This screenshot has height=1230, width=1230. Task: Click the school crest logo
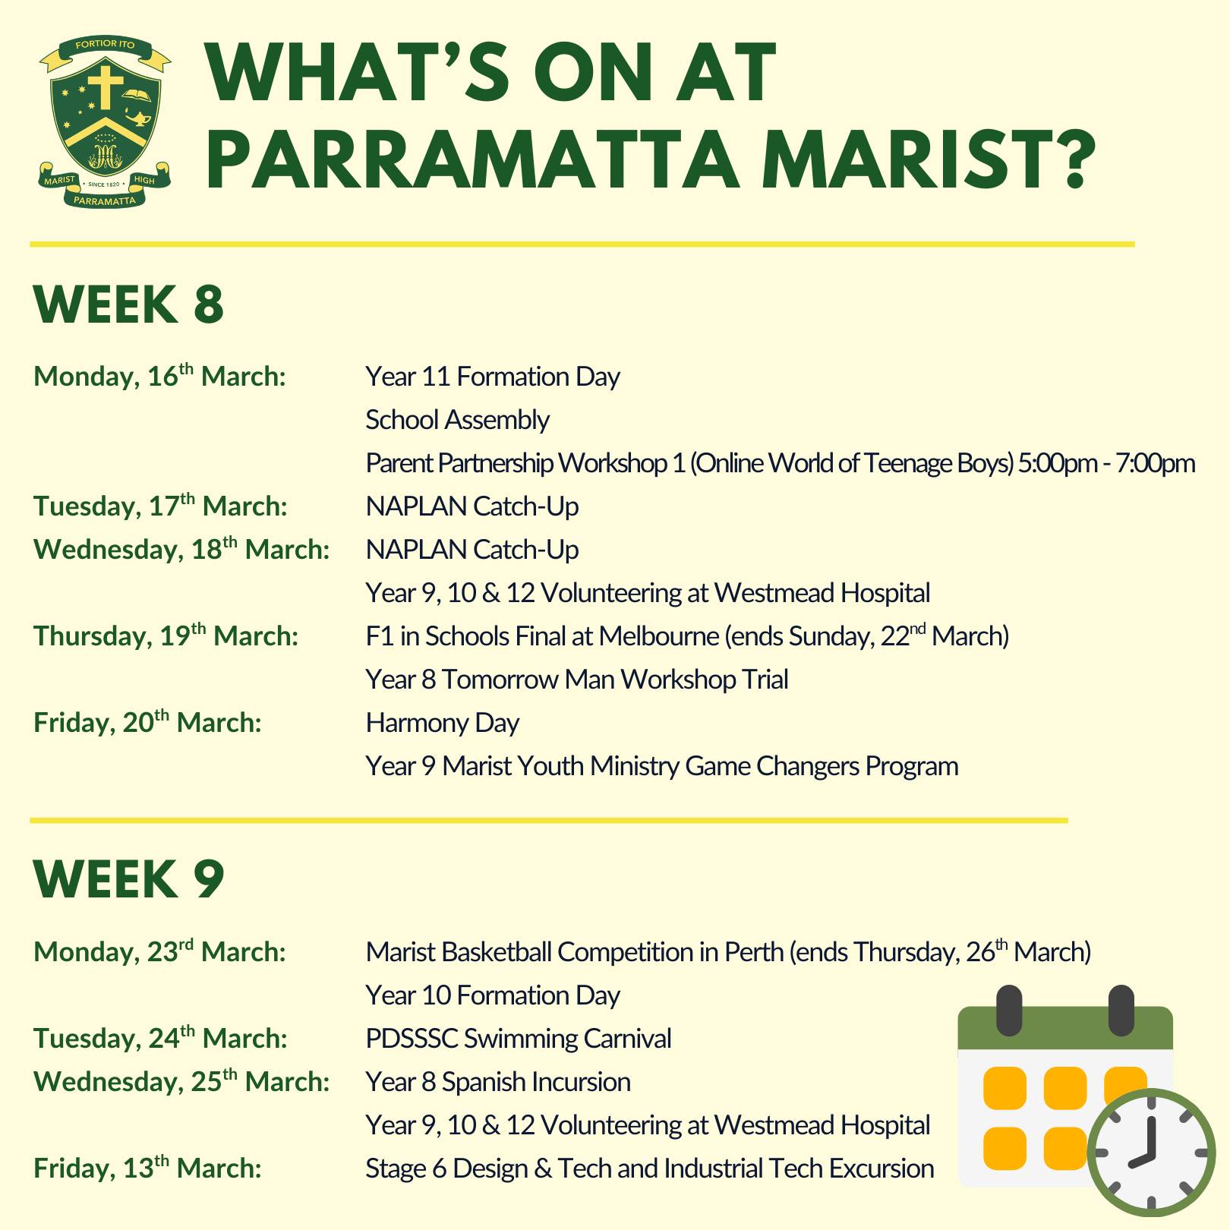105,122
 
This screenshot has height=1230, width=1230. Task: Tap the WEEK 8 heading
129,304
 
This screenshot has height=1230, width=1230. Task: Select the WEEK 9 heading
129,879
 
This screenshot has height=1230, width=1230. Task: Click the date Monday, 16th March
159,376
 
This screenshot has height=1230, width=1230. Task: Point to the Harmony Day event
442,723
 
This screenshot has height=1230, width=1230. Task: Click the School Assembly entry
457,420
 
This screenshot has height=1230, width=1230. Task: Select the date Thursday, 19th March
166,635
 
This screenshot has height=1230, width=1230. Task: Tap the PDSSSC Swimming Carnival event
519,1038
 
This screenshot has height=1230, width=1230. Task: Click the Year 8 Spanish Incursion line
498,1081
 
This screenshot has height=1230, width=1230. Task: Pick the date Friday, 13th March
147,1168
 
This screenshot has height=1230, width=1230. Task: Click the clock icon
1151,1153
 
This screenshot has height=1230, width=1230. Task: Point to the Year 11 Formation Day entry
493,377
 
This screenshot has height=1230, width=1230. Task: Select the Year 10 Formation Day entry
493,995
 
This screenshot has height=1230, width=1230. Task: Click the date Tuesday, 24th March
160,1038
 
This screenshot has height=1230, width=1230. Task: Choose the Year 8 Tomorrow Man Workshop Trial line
577,679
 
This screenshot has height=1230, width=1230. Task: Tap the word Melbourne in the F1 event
658,636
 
